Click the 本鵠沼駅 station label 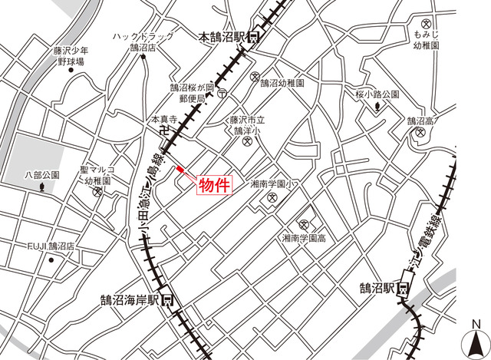click(x=222, y=36)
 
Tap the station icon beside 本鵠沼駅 click(x=254, y=36)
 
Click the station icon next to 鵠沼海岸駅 click(x=166, y=300)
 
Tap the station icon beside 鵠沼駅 click(x=402, y=289)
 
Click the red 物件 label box click(x=216, y=186)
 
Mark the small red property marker click(x=180, y=169)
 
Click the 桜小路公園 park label click(x=377, y=94)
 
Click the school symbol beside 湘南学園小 click(x=272, y=200)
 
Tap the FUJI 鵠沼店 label click(x=51, y=246)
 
